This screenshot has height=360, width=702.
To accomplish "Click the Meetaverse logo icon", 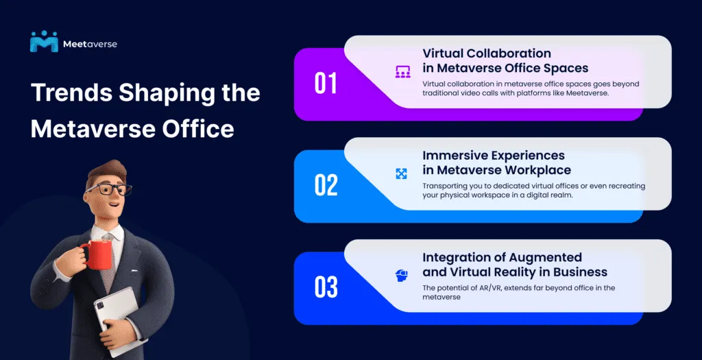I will [x=44, y=42].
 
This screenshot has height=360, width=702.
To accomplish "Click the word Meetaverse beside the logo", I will [x=90, y=44].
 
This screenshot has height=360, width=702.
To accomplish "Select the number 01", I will [x=326, y=84].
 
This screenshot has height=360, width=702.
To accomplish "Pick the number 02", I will [x=326, y=185].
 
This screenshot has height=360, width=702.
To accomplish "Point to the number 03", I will [x=326, y=287].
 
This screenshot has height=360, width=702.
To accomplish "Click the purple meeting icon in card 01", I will [x=402, y=71].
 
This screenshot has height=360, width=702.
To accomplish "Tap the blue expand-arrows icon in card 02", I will [x=402, y=173].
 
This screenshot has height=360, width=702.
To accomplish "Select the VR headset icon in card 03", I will [x=402, y=276].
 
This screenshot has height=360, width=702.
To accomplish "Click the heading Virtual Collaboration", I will [x=486, y=53].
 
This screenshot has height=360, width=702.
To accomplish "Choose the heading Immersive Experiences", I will [x=494, y=156].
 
